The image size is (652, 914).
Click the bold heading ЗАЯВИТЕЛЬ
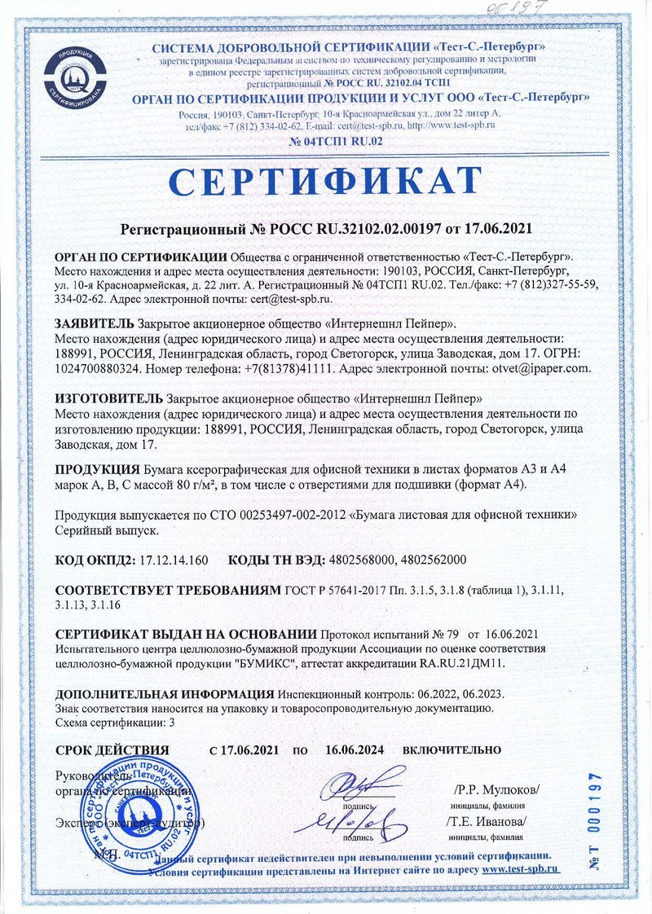94,323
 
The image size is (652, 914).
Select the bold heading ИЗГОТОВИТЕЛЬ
108,398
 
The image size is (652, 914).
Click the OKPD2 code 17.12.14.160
174,560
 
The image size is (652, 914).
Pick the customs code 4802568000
363,560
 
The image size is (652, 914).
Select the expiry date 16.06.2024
355,749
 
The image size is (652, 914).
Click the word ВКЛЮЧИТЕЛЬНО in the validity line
452,749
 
